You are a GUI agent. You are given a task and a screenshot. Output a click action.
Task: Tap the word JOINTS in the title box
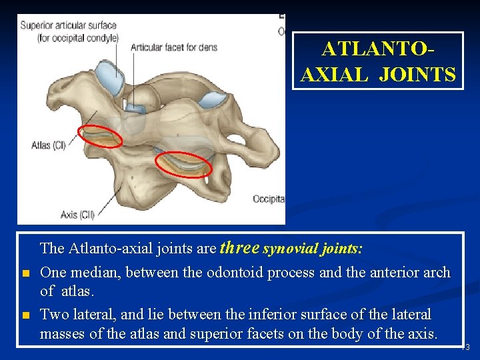point(417,74)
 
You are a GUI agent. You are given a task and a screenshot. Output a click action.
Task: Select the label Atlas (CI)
point(49,145)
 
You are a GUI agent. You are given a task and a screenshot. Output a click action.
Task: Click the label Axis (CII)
point(78,214)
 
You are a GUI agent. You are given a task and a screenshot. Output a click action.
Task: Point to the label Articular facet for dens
point(174,47)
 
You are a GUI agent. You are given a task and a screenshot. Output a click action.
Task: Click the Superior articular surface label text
point(69,25)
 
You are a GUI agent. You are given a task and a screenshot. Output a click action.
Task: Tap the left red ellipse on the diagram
point(101,136)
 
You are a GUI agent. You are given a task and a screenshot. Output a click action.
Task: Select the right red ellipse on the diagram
point(183,164)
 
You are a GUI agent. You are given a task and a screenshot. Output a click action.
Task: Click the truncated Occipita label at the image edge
point(269,199)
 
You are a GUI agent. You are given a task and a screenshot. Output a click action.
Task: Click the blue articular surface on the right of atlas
point(214,100)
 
